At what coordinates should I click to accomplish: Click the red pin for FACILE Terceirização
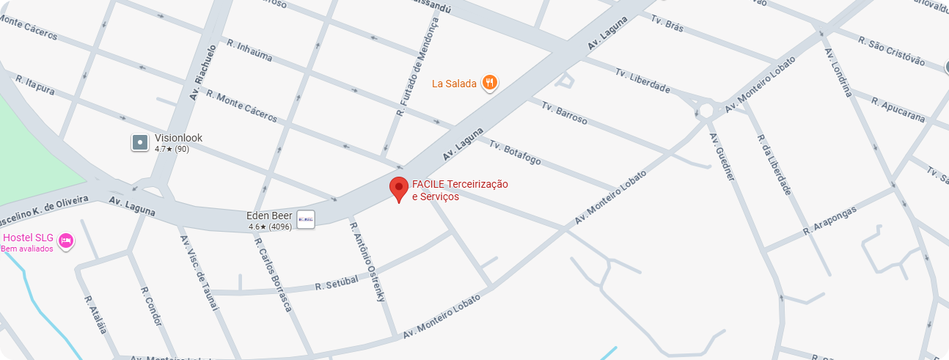tap(398, 188)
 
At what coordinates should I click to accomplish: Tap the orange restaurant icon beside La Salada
tap(490, 83)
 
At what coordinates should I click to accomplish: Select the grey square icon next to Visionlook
tap(140, 142)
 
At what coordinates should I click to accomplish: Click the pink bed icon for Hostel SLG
tap(66, 240)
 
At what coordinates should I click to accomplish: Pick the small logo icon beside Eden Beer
tap(306, 218)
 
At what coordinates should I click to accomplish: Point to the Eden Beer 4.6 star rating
tap(270, 227)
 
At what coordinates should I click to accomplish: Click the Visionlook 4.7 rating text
tap(172, 149)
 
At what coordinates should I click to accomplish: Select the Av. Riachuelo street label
tap(203, 72)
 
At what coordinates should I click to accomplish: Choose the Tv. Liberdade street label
tap(642, 81)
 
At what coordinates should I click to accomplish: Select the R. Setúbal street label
tap(337, 282)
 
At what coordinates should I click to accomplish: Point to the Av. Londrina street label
tap(838, 73)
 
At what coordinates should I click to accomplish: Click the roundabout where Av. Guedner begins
tap(706, 111)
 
